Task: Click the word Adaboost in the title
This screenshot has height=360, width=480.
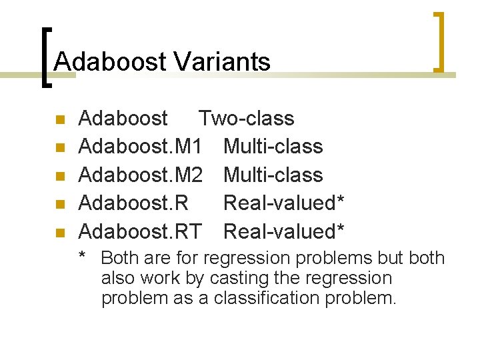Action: click(109, 62)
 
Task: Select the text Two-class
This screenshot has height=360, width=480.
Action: click(246, 119)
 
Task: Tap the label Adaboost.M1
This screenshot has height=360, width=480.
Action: click(140, 147)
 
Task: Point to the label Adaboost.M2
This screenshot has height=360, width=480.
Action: click(140, 175)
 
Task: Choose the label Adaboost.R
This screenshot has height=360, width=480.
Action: click(133, 203)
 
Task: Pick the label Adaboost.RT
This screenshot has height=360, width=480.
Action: click(139, 231)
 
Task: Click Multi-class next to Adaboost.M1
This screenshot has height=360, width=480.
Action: click(273, 147)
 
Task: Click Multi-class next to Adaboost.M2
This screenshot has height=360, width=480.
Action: click(273, 175)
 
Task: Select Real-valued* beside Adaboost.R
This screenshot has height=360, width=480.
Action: click(283, 203)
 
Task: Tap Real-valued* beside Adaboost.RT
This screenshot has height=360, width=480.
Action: click(283, 231)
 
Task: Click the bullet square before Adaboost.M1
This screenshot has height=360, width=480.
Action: click(59, 148)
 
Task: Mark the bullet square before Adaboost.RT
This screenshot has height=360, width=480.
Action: click(59, 233)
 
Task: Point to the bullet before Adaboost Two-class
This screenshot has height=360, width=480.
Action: click(59, 120)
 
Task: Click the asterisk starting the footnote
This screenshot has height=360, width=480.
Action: click(82, 257)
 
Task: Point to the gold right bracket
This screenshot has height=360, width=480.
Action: click(439, 41)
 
